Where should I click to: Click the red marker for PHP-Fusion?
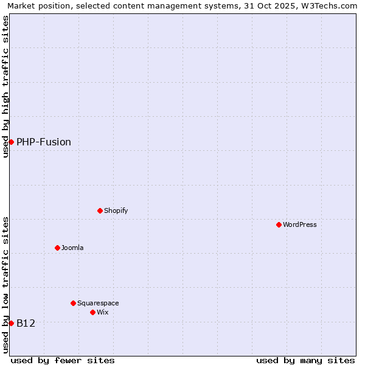click(x=11, y=142)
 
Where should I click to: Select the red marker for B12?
click(x=11, y=323)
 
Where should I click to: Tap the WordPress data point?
click(x=279, y=224)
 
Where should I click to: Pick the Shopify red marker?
click(x=100, y=210)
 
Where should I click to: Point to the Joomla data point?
click(x=57, y=248)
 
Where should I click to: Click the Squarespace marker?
click(x=73, y=303)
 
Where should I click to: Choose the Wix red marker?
click(x=92, y=312)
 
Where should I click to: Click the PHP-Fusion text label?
click(x=44, y=142)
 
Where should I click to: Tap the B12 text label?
click(x=26, y=324)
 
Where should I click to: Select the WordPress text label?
click(x=300, y=224)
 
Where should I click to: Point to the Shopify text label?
click(x=116, y=210)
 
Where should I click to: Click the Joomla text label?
click(x=72, y=248)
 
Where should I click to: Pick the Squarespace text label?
click(x=98, y=303)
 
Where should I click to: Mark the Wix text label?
click(x=102, y=312)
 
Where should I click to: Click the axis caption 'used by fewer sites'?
click(x=63, y=360)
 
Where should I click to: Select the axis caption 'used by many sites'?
click(x=305, y=360)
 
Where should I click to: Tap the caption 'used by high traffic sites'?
click(x=6, y=86)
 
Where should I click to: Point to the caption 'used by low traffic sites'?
click(x=6, y=285)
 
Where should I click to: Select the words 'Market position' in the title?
click(x=36, y=5)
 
